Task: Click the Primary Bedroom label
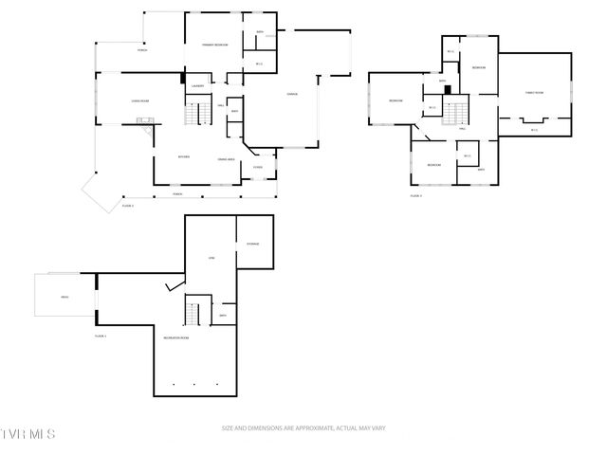213,45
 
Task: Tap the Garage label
293,93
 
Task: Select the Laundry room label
197,85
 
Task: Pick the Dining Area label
227,158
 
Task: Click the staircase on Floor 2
196,115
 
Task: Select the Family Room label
534,92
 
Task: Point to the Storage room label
253,244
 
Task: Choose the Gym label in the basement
212,258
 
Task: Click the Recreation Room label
176,337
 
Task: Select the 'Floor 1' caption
101,336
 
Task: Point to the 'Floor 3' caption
415,195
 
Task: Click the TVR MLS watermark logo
28,433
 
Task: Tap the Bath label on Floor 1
223,315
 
